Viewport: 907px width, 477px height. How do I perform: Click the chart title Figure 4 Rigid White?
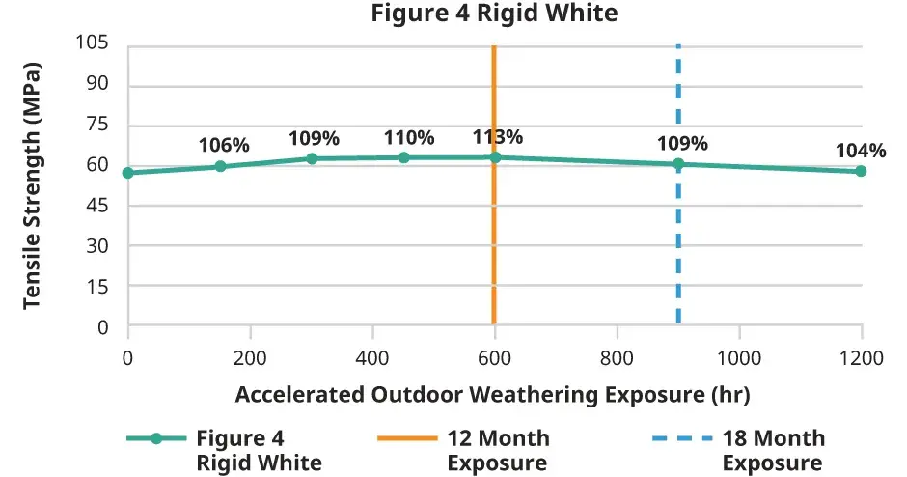493,14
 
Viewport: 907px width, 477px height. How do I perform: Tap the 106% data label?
224,146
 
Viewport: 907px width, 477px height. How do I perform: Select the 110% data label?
409,138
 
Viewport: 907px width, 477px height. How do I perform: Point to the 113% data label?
497,137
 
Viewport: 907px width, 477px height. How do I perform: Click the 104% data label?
861,152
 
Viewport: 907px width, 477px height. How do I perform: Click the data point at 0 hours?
127,173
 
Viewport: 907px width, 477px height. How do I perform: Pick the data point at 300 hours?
312,158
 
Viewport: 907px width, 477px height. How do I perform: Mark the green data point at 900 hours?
678,164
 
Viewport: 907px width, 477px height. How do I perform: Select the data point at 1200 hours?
861,171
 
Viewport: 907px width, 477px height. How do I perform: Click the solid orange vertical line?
494,241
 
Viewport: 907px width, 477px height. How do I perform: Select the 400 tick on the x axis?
372,357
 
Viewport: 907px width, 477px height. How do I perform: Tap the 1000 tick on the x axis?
739,357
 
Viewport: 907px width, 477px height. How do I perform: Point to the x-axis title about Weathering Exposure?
493,394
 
